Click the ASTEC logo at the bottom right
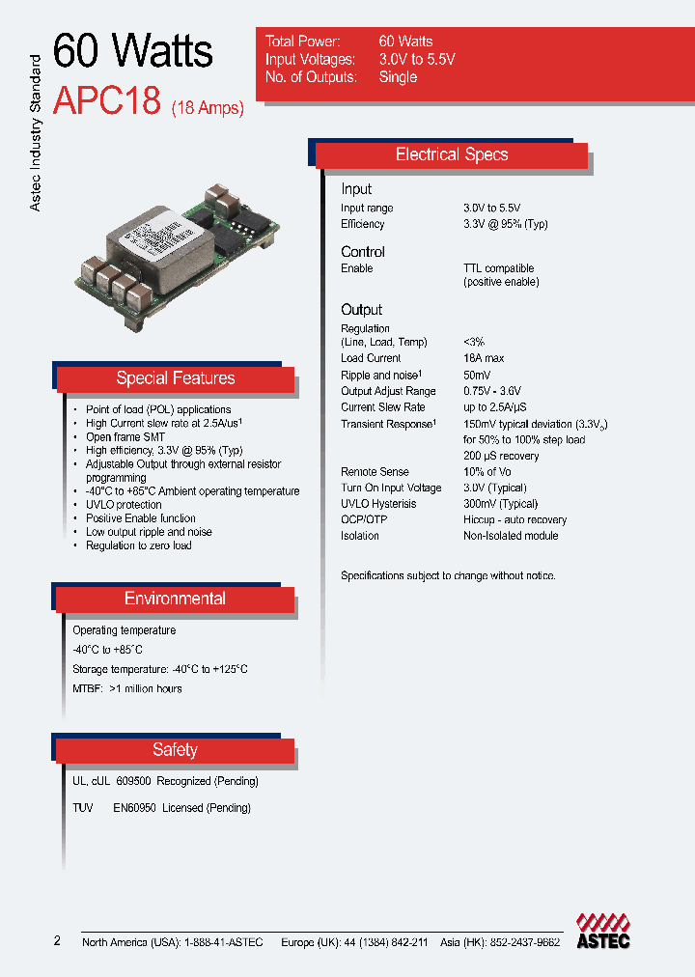[603, 931]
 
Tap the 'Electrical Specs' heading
[451, 154]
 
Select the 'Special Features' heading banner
[175, 378]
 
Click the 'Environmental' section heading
[175, 599]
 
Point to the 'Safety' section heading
[175, 750]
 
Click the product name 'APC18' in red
[106, 101]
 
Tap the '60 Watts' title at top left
[132, 50]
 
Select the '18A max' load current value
[486, 359]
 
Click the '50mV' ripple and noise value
[477, 376]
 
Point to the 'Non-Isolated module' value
[512, 536]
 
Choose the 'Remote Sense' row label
[375, 472]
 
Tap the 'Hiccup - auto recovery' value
[514, 520]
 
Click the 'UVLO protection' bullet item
[124, 505]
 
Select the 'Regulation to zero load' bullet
[138, 545]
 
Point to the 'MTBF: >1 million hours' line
[126, 688]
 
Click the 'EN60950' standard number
[134, 808]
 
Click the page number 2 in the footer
[57, 941]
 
